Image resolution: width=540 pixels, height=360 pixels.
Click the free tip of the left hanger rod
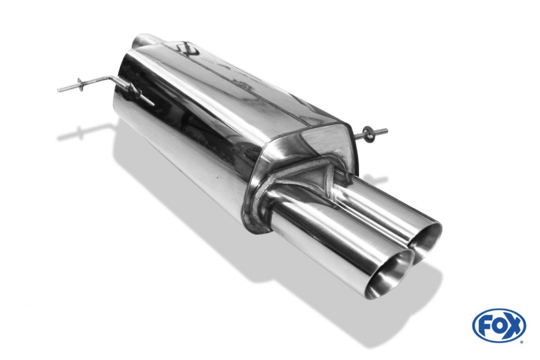point(59,90)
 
